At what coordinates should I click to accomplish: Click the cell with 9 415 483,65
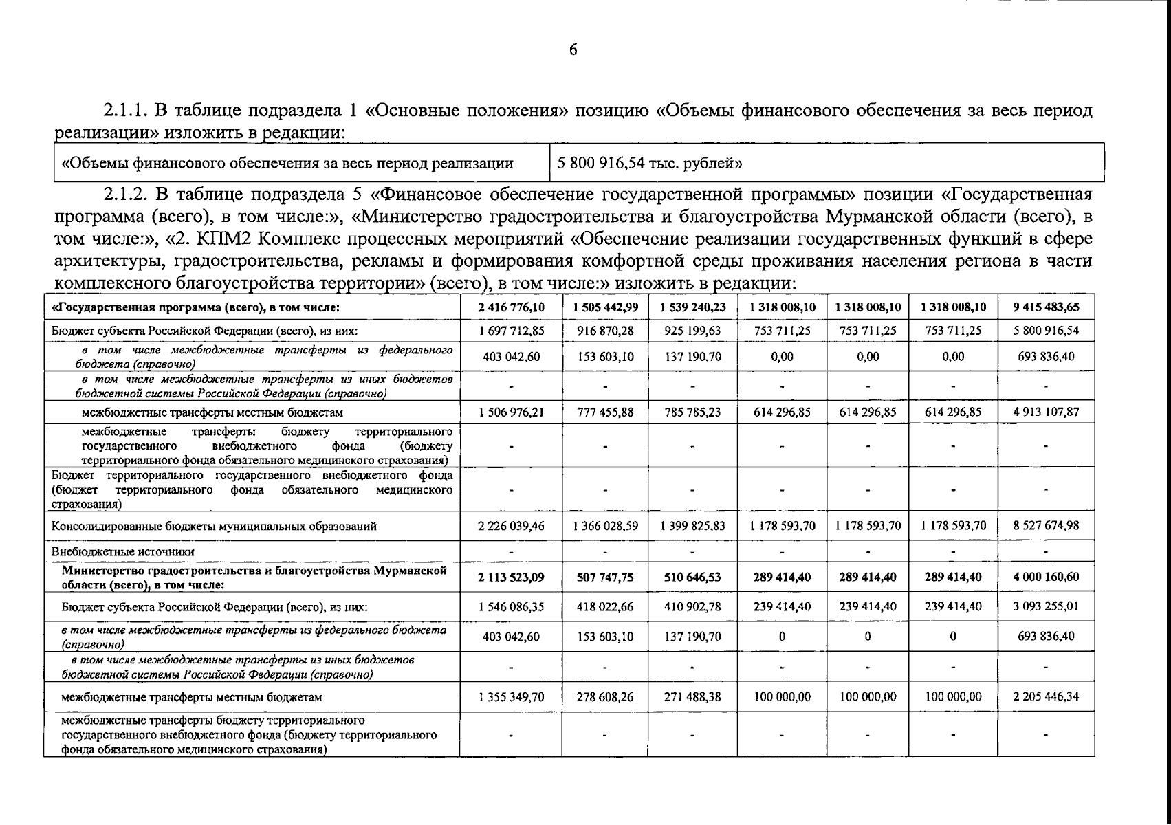(1045, 307)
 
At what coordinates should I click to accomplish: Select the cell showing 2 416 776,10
(511, 307)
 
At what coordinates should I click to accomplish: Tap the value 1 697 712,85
(511, 331)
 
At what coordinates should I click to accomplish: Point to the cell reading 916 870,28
(605, 331)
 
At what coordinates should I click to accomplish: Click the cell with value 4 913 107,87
(1045, 412)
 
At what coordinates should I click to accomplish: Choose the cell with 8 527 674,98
(1045, 526)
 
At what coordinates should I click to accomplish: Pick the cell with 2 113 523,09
(511, 577)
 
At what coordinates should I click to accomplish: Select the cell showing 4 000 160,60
(1045, 577)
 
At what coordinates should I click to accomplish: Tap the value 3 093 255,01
(1045, 607)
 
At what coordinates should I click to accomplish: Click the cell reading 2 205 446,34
(1045, 696)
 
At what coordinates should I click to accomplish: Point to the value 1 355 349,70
(511, 696)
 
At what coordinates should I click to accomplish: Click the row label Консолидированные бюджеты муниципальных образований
(214, 527)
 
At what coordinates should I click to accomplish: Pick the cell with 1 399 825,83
(692, 526)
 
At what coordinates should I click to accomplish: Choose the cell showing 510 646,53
(692, 577)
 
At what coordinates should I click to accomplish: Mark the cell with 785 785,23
(692, 412)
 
